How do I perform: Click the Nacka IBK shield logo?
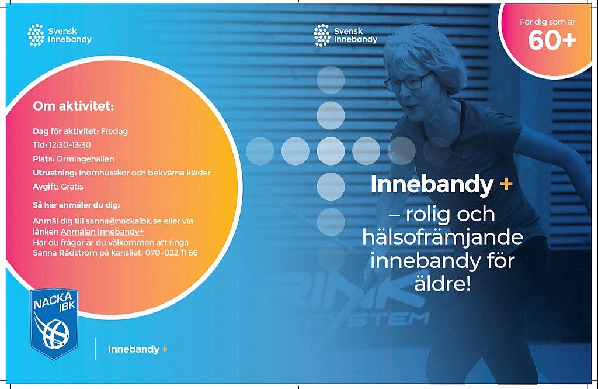pos(54,324)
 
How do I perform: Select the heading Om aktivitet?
pos(73,106)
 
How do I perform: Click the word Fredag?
pos(114,131)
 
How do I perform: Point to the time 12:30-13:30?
pos(70,145)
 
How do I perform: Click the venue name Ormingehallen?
pos(85,159)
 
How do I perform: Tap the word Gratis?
pos(72,187)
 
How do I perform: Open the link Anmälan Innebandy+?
pos(102,232)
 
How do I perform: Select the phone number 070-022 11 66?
pos(172,253)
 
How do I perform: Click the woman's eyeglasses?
pos(408,82)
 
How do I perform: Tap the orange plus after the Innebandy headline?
pos(506,185)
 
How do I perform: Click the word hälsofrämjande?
pos(443,237)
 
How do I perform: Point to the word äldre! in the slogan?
pos(443,284)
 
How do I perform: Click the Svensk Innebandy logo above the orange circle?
pos(60,35)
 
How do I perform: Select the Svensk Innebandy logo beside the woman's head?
pos(346,35)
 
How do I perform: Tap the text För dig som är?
pos(548,22)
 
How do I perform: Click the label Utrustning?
pos(55,173)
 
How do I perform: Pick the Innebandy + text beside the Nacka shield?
pos(138,349)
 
